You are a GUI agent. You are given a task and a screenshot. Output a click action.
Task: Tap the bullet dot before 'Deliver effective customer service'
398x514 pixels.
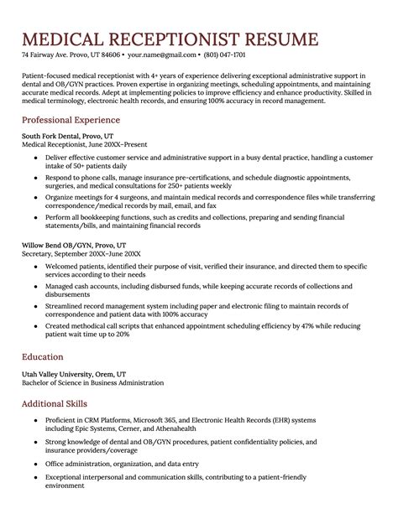[x=35, y=158]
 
